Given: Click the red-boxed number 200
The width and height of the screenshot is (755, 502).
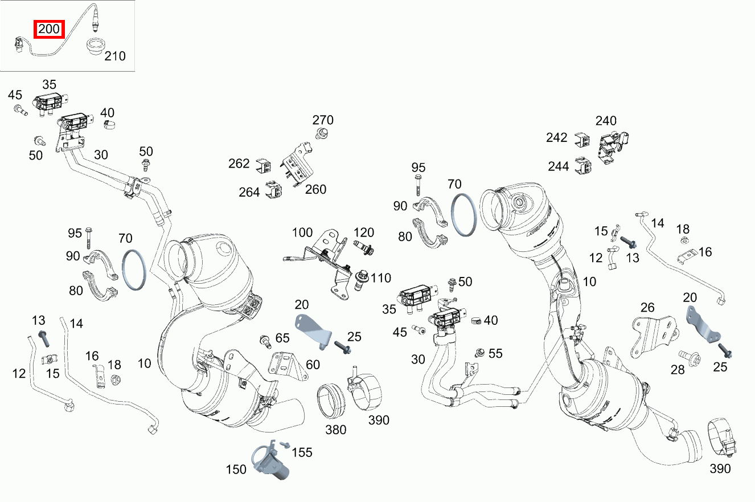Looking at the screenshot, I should (x=50, y=29).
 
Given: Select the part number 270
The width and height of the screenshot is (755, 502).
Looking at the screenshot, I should (x=323, y=120).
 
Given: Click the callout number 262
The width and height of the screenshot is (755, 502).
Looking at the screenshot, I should (x=239, y=164).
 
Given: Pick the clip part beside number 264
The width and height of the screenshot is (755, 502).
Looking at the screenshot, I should (x=276, y=190).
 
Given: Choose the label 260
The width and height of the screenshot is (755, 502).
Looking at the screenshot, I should (x=315, y=189).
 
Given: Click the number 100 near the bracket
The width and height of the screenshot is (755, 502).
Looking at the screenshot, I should (x=302, y=232).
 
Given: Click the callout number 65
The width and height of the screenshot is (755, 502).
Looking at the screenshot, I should (x=282, y=337).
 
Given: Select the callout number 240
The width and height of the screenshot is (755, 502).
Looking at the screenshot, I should (x=606, y=121).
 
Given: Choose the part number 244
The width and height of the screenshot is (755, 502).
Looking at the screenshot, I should (x=559, y=166).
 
